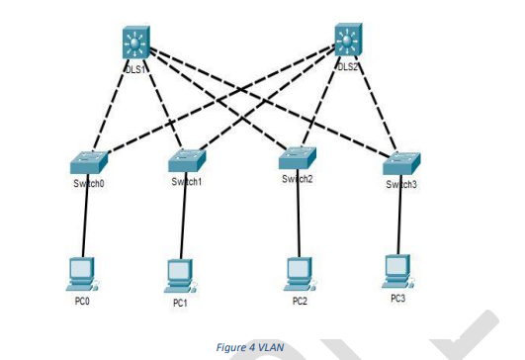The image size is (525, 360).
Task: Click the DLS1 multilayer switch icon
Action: (135, 43)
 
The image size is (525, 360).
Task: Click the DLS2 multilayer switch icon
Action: (347, 41)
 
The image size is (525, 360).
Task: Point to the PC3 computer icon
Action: (397, 267)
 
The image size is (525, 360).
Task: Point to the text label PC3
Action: (397, 296)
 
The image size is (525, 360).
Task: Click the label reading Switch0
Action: (88, 184)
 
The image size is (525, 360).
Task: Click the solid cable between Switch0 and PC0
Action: (87, 223)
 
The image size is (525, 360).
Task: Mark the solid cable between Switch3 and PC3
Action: (399, 223)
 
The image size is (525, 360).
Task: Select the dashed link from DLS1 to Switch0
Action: (112, 104)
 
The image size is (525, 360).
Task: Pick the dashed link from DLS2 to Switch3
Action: (375, 104)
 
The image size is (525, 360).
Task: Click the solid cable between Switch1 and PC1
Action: (183, 223)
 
